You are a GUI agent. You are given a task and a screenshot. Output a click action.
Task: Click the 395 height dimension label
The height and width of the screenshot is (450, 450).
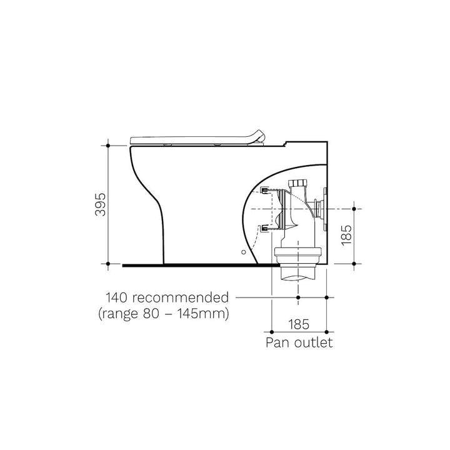[x=101, y=204]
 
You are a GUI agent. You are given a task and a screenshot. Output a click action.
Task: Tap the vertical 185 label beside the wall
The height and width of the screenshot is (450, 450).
[x=347, y=235]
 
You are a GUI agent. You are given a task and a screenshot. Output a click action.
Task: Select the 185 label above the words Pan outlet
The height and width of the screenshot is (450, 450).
[x=299, y=324]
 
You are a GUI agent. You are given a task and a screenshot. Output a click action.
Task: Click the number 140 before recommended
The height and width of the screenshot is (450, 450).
[x=116, y=297]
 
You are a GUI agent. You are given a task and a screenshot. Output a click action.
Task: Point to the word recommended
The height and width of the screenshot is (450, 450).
[x=181, y=297]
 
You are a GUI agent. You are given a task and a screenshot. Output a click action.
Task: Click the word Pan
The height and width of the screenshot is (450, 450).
[x=276, y=342]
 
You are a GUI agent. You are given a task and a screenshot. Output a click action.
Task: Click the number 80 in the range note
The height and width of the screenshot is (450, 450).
[x=151, y=313]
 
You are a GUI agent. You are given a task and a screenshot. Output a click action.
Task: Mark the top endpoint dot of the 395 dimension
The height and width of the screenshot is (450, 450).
[x=108, y=146]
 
